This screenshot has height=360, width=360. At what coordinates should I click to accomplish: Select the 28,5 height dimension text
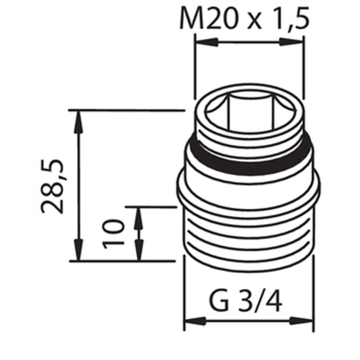[52, 186]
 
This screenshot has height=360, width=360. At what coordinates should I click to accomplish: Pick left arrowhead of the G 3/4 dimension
[195, 321]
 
